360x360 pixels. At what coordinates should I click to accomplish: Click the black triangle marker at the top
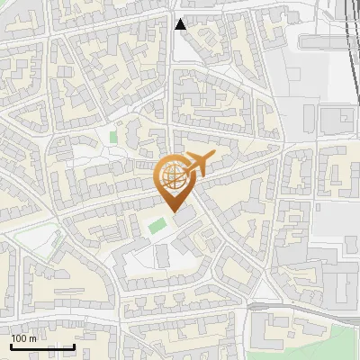pos(181,24)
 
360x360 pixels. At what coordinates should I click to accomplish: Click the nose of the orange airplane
pos(212,157)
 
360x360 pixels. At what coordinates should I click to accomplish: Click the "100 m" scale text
pos(24,338)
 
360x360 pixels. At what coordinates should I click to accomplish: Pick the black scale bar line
pos(42,346)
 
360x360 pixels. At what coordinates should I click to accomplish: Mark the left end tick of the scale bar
pos(11,346)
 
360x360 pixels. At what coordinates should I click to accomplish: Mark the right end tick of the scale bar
pos(74,346)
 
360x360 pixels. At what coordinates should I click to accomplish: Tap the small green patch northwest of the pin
pos(113,137)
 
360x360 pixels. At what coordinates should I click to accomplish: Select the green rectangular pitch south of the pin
pos(157,224)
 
